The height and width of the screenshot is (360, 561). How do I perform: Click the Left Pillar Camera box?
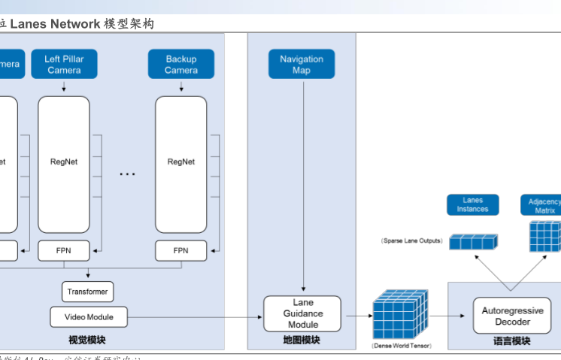coord(64,65)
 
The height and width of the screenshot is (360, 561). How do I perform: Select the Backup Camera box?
coord(181,65)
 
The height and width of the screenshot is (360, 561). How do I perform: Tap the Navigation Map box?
coord(302,65)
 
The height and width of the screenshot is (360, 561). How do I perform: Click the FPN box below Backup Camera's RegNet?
coord(181,250)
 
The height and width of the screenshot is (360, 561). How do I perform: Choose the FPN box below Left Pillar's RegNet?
coord(64,250)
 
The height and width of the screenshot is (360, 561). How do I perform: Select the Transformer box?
coord(87,292)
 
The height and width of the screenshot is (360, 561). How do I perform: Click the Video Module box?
coord(89,317)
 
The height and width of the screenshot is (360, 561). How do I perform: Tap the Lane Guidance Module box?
coord(302,313)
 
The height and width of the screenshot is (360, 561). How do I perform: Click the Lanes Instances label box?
coord(473,204)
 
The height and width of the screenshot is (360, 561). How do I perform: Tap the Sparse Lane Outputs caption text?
coord(412,241)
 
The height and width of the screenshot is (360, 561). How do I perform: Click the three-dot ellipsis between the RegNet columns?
coord(127,174)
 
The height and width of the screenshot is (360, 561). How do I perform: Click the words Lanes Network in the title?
coord(55,24)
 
